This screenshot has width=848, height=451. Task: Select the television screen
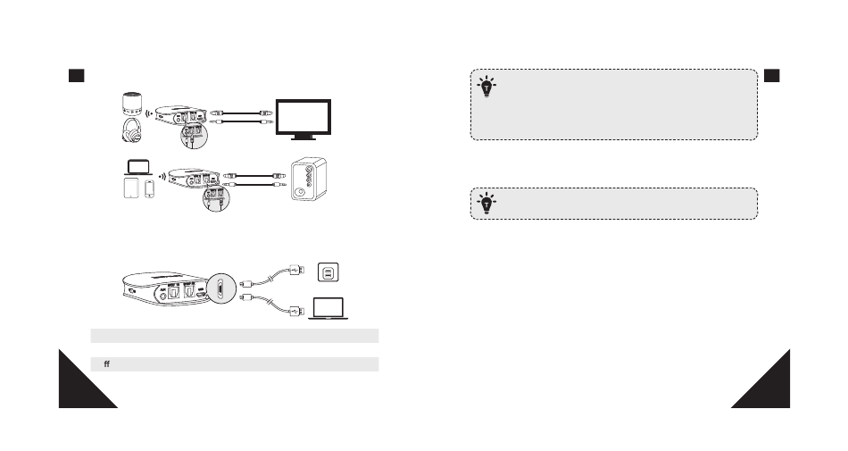click(x=303, y=115)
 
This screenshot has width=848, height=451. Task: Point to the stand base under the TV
click(x=303, y=138)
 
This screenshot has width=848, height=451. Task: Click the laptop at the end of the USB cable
click(x=328, y=307)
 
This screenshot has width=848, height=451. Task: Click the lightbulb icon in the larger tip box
click(x=486, y=87)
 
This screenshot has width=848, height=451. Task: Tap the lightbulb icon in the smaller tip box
click(x=486, y=204)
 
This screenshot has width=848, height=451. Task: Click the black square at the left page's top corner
click(x=77, y=75)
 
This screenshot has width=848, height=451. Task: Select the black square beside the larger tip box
click(x=772, y=75)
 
